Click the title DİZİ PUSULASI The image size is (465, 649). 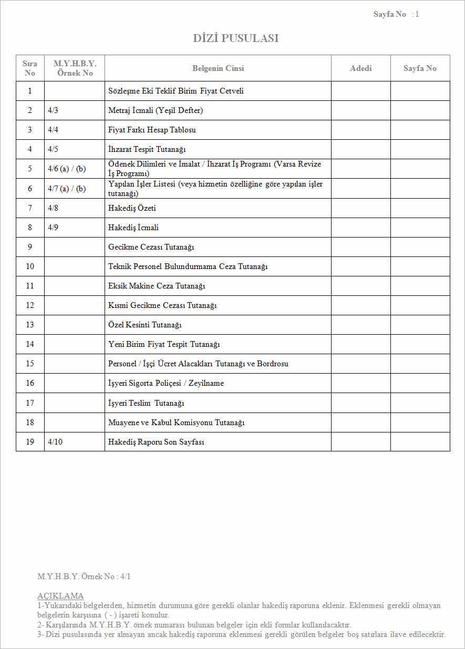[x=236, y=38]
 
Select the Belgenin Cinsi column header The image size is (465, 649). [x=218, y=68]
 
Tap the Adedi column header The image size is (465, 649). [x=360, y=68]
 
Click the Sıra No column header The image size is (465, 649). [x=30, y=68]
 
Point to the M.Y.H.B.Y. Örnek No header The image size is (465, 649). [x=75, y=68]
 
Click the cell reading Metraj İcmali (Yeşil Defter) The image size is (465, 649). [x=156, y=110]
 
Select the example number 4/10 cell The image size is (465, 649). [x=55, y=442]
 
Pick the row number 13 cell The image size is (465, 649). [x=30, y=325]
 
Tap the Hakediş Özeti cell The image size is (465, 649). [x=132, y=208]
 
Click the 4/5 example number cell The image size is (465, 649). [x=53, y=149]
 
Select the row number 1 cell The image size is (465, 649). [x=30, y=91]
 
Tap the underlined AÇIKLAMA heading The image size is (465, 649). [x=60, y=596]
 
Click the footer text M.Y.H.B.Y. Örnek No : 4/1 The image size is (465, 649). [x=84, y=576]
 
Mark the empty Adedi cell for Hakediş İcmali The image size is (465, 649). [x=360, y=228]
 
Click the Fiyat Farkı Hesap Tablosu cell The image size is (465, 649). [x=152, y=130]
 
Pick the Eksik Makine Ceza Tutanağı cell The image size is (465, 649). [x=157, y=286]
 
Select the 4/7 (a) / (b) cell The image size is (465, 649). [x=67, y=189]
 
